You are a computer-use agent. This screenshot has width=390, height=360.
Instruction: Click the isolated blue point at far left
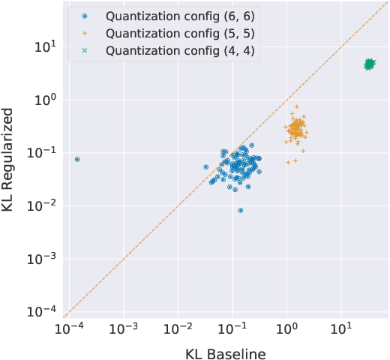[77, 160]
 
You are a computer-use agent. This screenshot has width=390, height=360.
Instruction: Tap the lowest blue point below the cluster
[240, 211]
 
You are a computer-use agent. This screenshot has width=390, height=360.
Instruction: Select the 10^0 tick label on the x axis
[286, 328]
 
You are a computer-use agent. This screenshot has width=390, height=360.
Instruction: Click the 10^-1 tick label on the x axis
[232, 328]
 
